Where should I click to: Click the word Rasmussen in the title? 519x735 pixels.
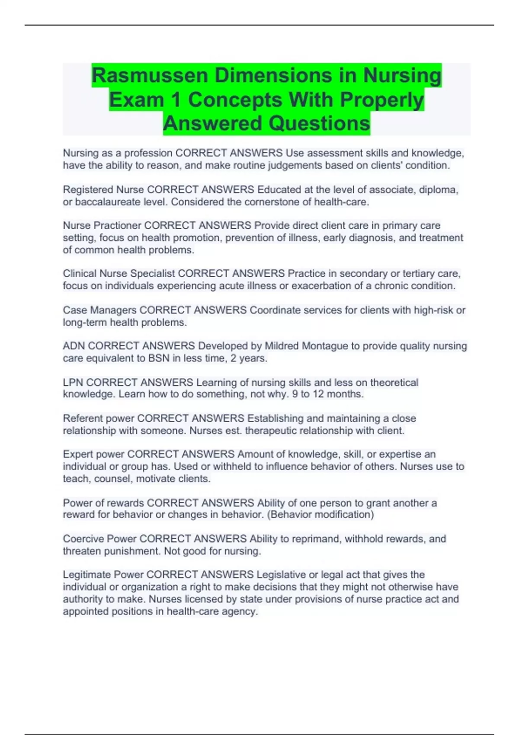pyautogui.click(x=150, y=76)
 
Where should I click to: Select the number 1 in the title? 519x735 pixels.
pyautogui.click(x=176, y=100)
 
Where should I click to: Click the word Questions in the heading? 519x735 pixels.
pyautogui.click(x=319, y=124)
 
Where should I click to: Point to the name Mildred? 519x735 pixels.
pyautogui.click(x=282, y=346)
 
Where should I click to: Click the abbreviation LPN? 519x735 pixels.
pyautogui.click(x=73, y=383)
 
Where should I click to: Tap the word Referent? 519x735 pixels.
pyautogui.click(x=83, y=419)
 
